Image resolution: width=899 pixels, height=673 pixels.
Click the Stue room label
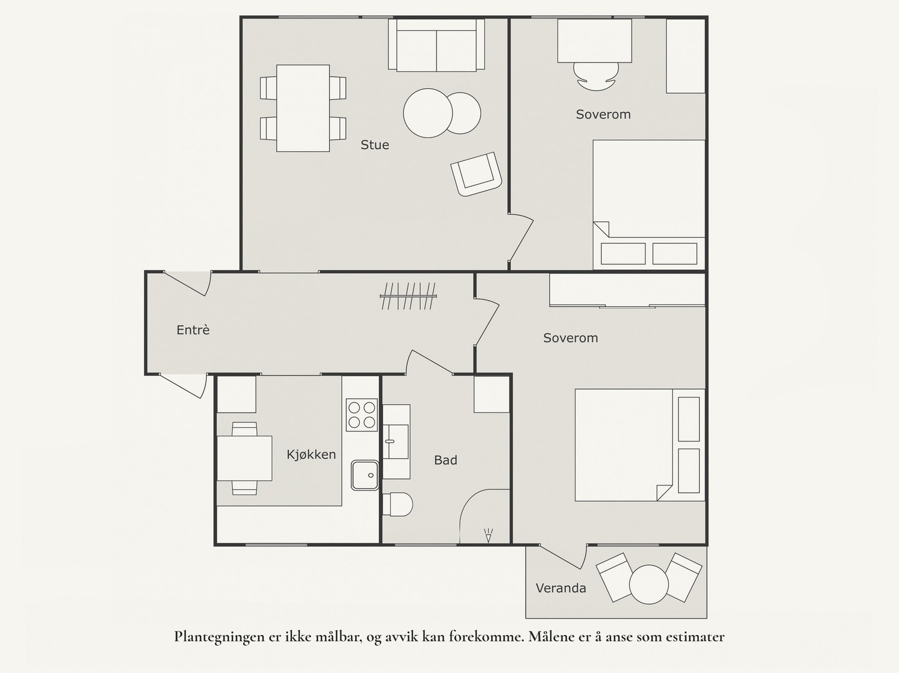tap(374, 145)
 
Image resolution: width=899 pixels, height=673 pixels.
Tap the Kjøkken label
tap(311, 454)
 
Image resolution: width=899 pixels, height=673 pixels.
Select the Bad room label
tap(445, 460)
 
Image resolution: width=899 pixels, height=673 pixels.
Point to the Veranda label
tap(561, 588)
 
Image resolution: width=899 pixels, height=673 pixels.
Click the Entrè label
tap(193, 330)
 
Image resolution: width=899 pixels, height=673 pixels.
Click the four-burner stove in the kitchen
tap(362, 415)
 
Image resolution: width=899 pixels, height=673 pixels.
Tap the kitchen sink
tap(365, 475)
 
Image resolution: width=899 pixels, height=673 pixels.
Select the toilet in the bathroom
tap(397, 504)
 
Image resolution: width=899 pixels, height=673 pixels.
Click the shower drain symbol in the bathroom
tap(488, 535)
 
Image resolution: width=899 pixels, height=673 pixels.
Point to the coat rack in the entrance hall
tap(408, 295)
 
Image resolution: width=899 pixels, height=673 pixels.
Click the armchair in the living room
tap(476, 174)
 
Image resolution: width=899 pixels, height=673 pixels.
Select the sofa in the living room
tap(437, 45)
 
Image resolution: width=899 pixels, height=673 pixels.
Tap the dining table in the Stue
tap(303, 108)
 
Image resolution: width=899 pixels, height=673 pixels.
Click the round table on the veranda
tap(649, 585)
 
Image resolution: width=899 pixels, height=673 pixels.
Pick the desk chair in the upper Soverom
tap(596, 77)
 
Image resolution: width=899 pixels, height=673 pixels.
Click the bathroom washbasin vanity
tap(396, 442)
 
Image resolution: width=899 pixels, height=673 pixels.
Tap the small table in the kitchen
tap(244, 458)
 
